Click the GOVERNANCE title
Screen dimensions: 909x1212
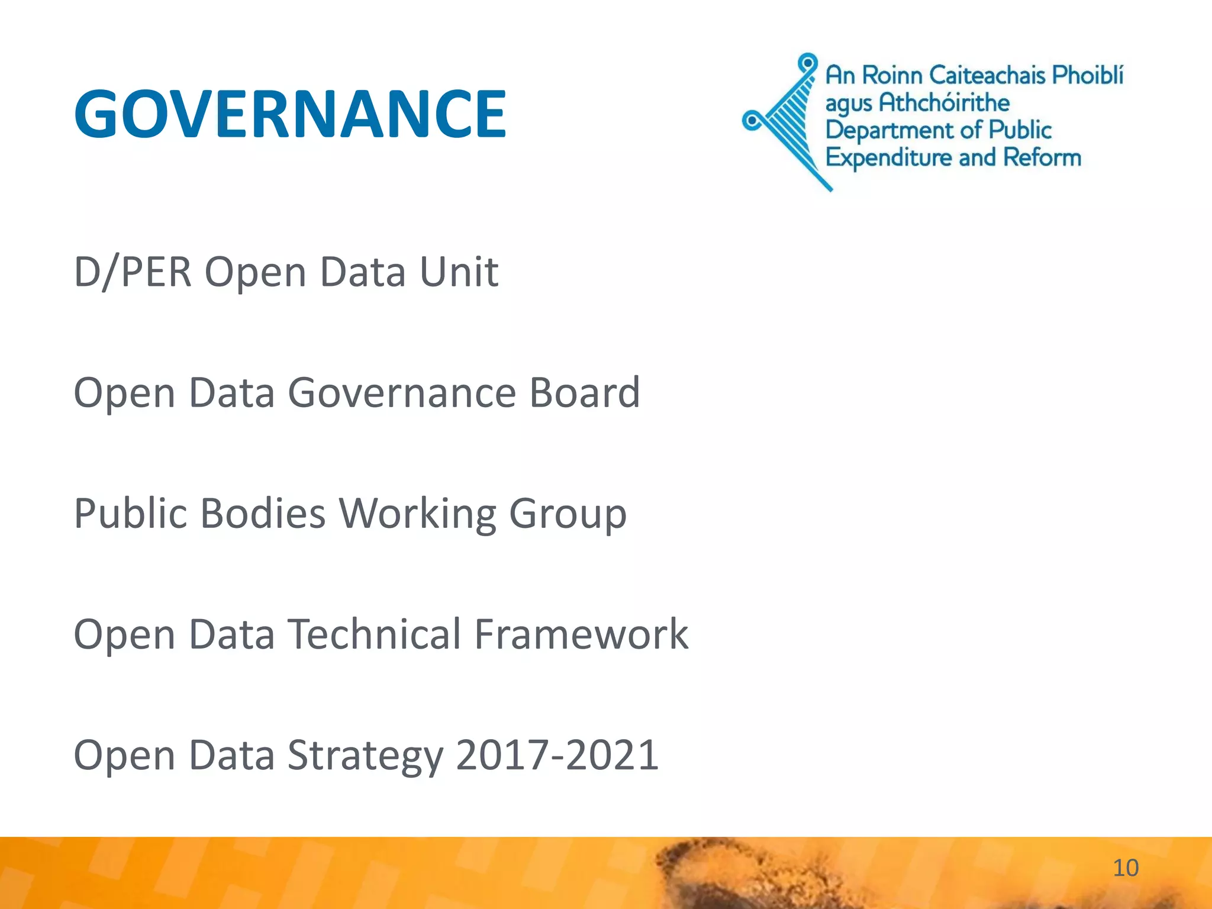[x=290, y=114]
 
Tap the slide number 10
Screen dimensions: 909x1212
[x=1125, y=868]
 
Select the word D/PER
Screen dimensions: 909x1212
[x=133, y=272]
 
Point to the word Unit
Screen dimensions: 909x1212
[x=459, y=272]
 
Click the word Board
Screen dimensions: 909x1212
[x=584, y=392]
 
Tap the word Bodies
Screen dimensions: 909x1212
[x=263, y=513]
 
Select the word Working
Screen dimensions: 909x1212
[x=417, y=513]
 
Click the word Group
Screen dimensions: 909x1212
[x=568, y=513]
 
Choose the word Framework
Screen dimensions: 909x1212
[x=581, y=634]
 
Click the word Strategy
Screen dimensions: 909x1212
[x=365, y=756]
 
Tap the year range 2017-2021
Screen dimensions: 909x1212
[x=557, y=756]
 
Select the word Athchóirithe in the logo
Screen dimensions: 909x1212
[x=944, y=103]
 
